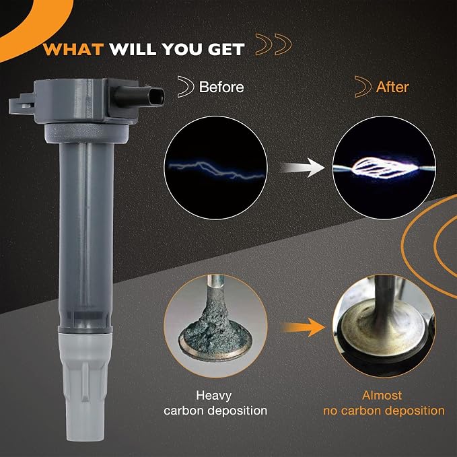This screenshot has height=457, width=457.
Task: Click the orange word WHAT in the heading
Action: pyautogui.click(x=74, y=49)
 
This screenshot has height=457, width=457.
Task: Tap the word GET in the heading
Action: pyautogui.click(x=226, y=49)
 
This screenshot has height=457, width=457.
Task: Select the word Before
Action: pyautogui.click(x=221, y=87)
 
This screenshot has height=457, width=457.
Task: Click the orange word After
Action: pyautogui.click(x=392, y=87)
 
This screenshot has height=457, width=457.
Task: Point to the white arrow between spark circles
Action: pyautogui.click(x=303, y=168)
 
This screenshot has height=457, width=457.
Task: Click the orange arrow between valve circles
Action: pyautogui.click(x=303, y=327)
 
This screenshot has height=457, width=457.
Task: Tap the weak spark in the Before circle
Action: pyautogui.click(x=216, y=170)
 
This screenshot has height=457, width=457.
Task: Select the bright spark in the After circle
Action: pyautogui.click(x=384, y=168)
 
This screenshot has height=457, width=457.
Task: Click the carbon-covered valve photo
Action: pyautogui.click(x=215, y=326)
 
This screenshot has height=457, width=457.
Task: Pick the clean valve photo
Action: pyautogui.click(x=384, y=326)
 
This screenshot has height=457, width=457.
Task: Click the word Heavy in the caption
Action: pyautogui.click(x=213, y=396)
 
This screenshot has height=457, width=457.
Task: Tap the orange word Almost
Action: pyautogui.click(x=382, y=396)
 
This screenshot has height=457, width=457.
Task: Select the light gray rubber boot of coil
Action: pyautogui.click(x=85, y=386)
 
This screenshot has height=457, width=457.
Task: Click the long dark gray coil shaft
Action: pyautogui.click(x=86, y=233)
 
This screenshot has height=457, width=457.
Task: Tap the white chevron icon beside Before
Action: pyautogui.click(x=186, y=87)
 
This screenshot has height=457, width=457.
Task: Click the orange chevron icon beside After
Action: pyautogui.click(x=363, y=87)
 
